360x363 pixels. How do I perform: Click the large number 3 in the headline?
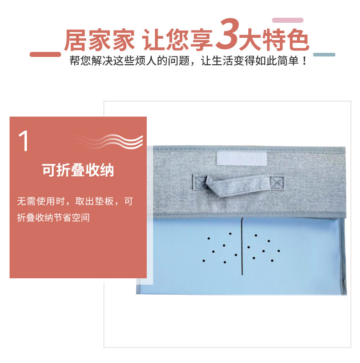point(226,34)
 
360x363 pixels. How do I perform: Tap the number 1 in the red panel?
point(23,141)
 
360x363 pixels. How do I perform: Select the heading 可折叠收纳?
point(78,170)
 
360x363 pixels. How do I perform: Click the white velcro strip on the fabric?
point(242,158)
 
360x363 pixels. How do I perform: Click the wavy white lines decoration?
point(109,141)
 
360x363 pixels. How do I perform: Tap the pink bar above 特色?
point(288,20)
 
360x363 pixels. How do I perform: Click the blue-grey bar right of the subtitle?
point(324,55)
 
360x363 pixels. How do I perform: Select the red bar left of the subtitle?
point(45,54)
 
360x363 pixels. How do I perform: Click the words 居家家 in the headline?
point(99,40)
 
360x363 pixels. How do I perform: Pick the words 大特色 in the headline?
point(274,40)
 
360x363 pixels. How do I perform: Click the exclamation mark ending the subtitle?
point(304,61)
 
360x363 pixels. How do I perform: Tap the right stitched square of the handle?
point(277,183)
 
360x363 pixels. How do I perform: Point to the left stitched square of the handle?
point(200,183)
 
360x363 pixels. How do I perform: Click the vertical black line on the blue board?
point(242,246)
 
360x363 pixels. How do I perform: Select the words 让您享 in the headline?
point(177,40)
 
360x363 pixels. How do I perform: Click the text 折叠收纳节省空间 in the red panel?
point(53,218)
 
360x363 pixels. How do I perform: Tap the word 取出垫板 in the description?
point(94,201)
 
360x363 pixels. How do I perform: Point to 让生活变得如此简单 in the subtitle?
point(250,61)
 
